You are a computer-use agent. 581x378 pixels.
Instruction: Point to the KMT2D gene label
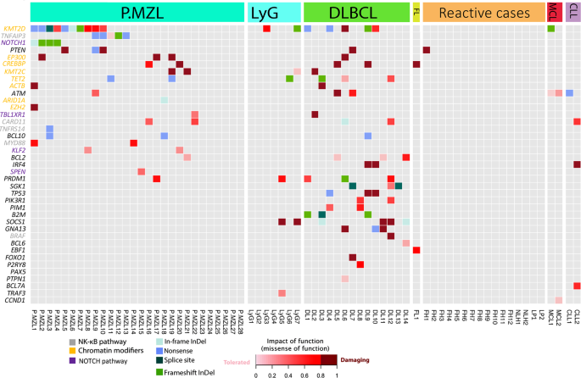[x=14, y=29]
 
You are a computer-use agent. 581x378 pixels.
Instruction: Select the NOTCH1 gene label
[x=14, y=42]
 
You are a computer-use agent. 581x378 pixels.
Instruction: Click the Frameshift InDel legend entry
[x=194, y=369]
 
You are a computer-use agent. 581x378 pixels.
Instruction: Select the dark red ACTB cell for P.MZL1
[x=35, y=86]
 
